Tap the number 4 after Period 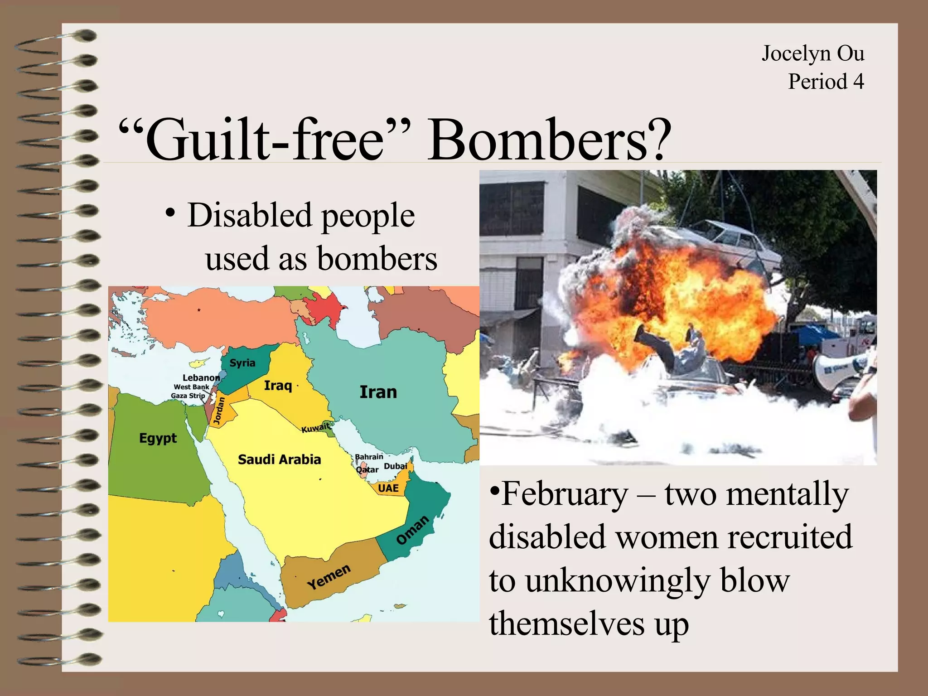(858, 82)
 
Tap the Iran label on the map (378, 392)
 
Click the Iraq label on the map (278, 386)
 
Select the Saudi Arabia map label (279, 459)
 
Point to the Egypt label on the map (158, 438)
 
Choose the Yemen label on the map (329, 577)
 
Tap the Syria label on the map (242, 363)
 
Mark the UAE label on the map (388, 488)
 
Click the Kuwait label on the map (316, 428)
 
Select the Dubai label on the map (396, 466)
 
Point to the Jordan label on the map (219, 411)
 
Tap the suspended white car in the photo (730, 245)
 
